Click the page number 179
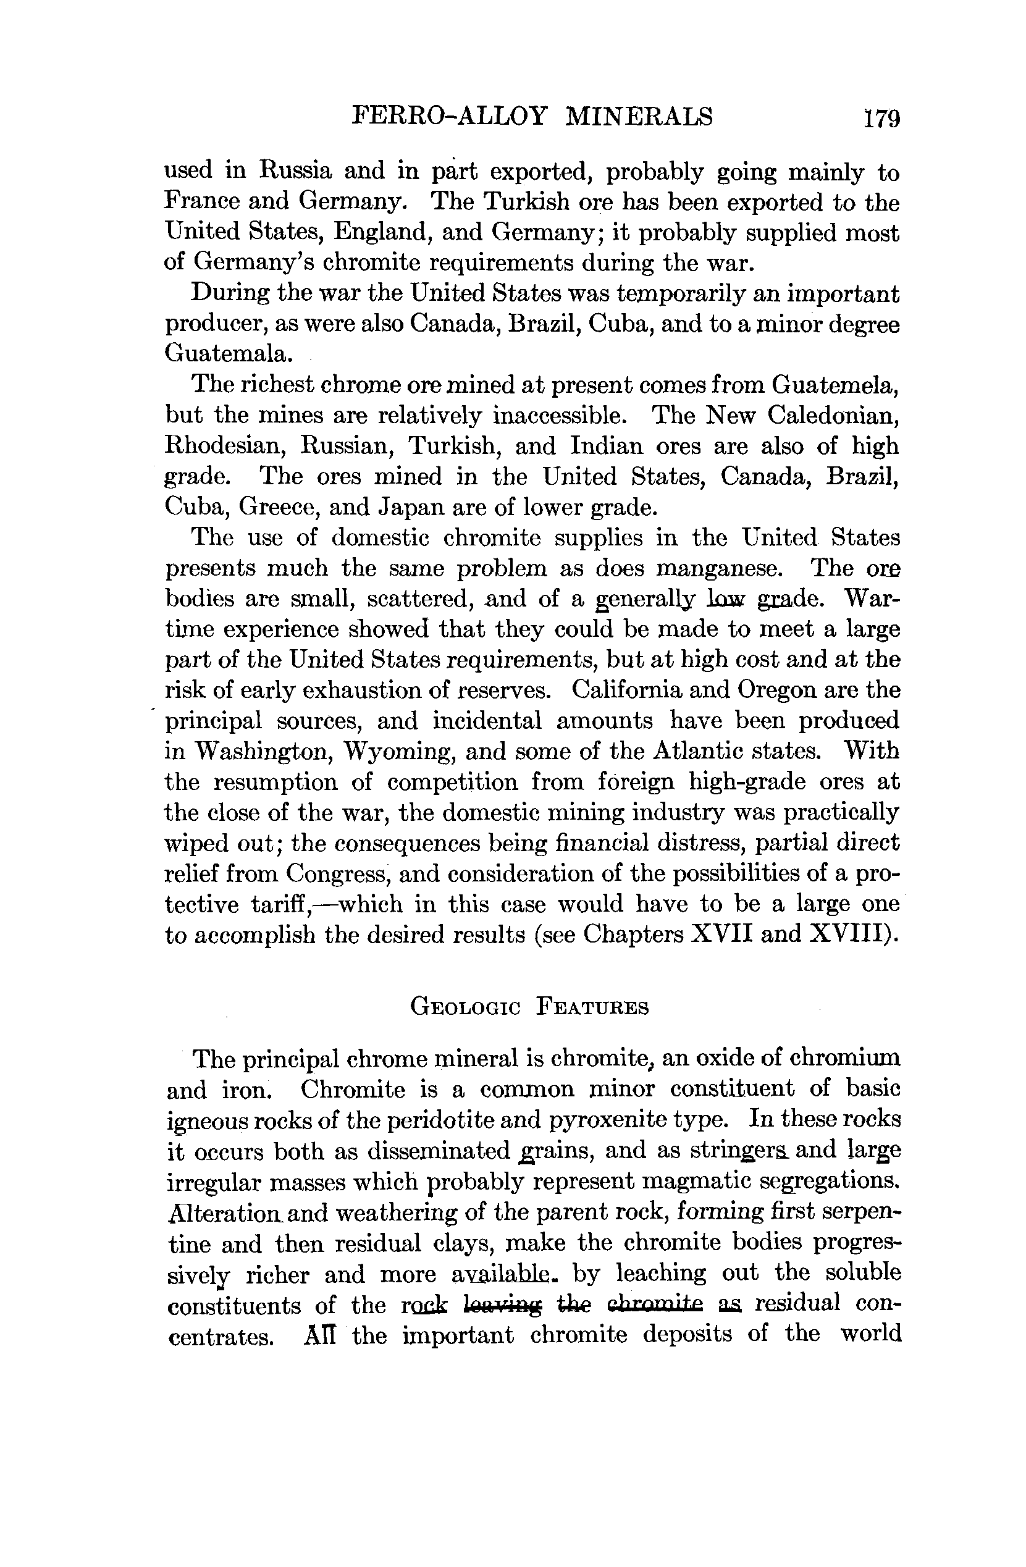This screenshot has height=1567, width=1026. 883,118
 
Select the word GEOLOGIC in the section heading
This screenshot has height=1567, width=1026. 466,1007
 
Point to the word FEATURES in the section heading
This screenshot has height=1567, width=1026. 592,1007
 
